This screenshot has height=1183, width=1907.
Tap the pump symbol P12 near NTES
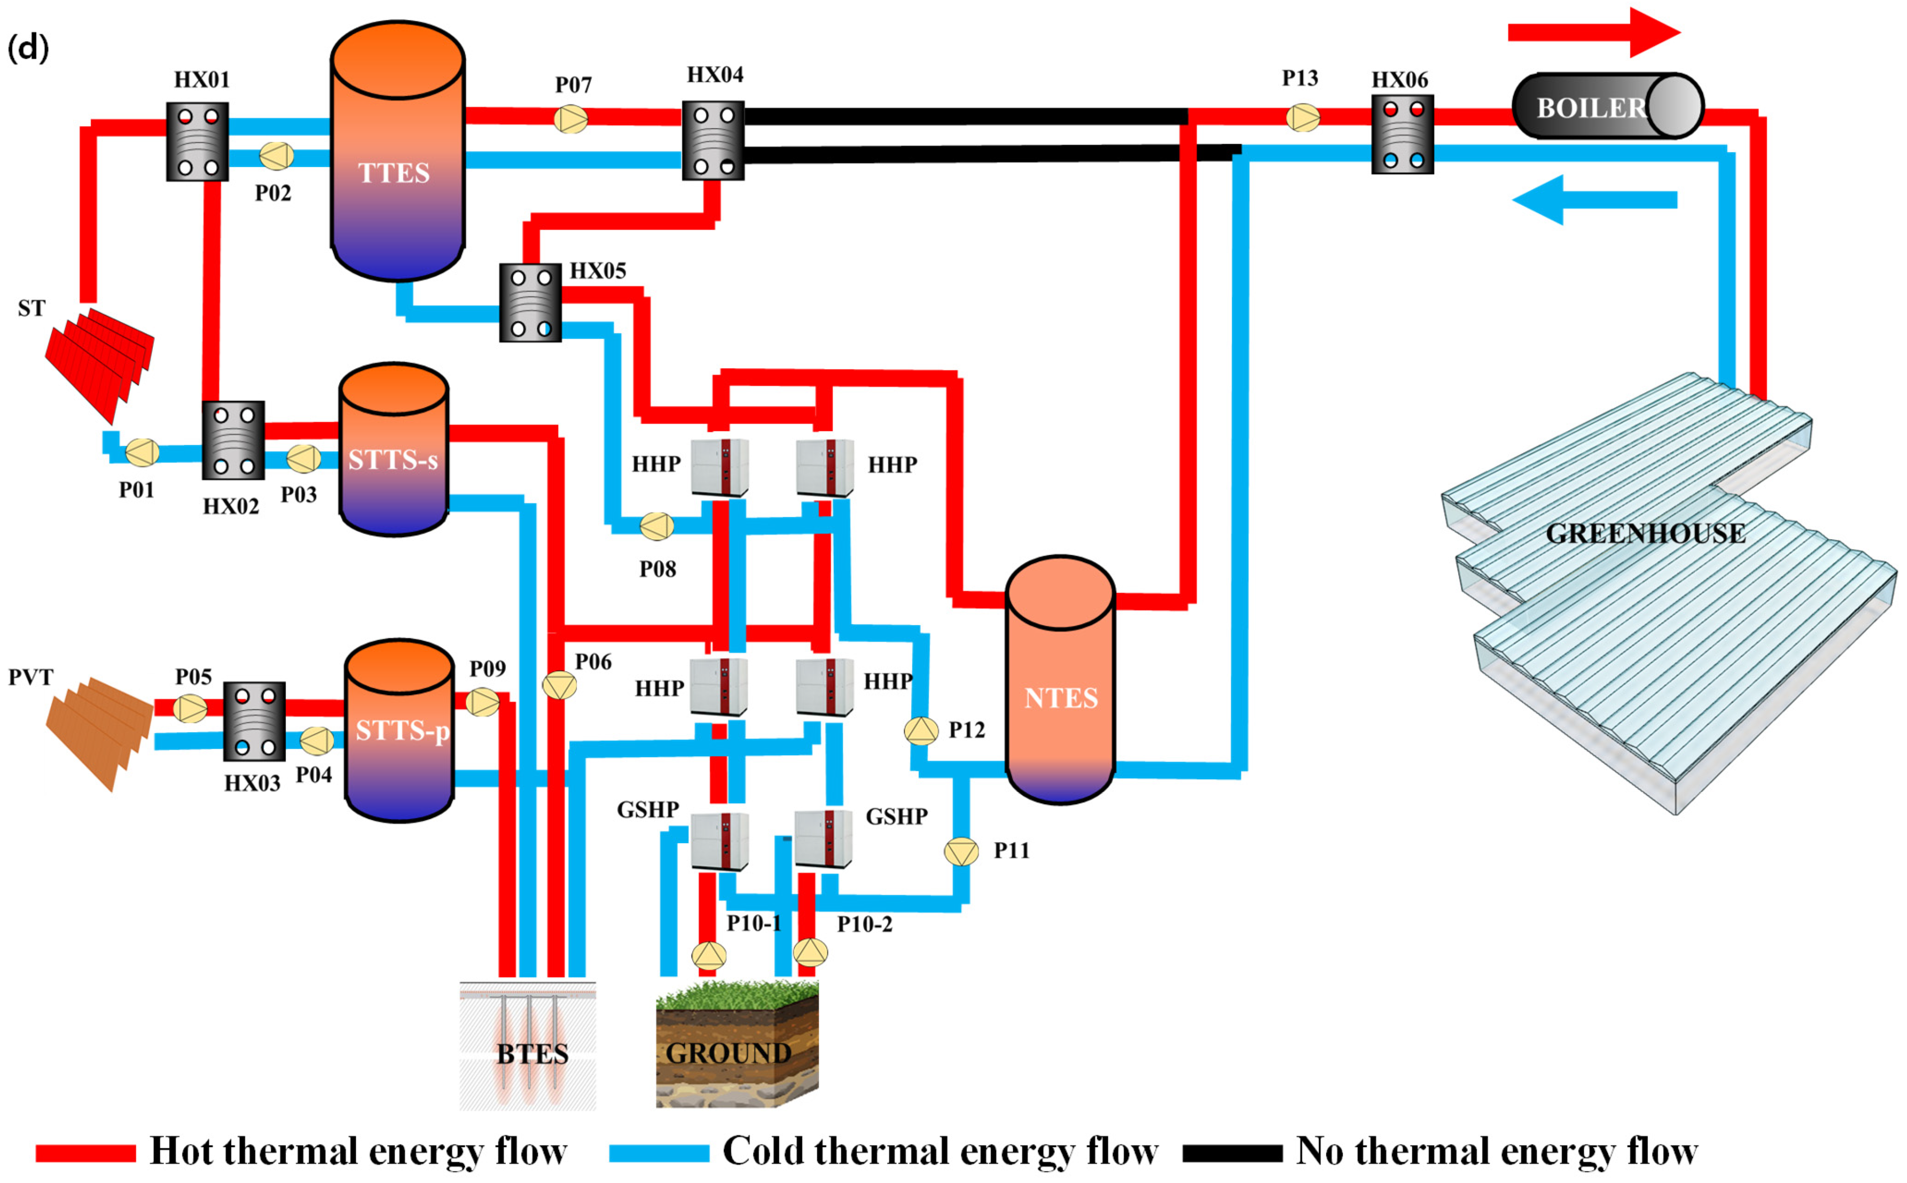coord(921,731)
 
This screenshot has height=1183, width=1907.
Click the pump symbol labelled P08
coord(656,526)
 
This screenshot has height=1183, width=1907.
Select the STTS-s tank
coord(393,450)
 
